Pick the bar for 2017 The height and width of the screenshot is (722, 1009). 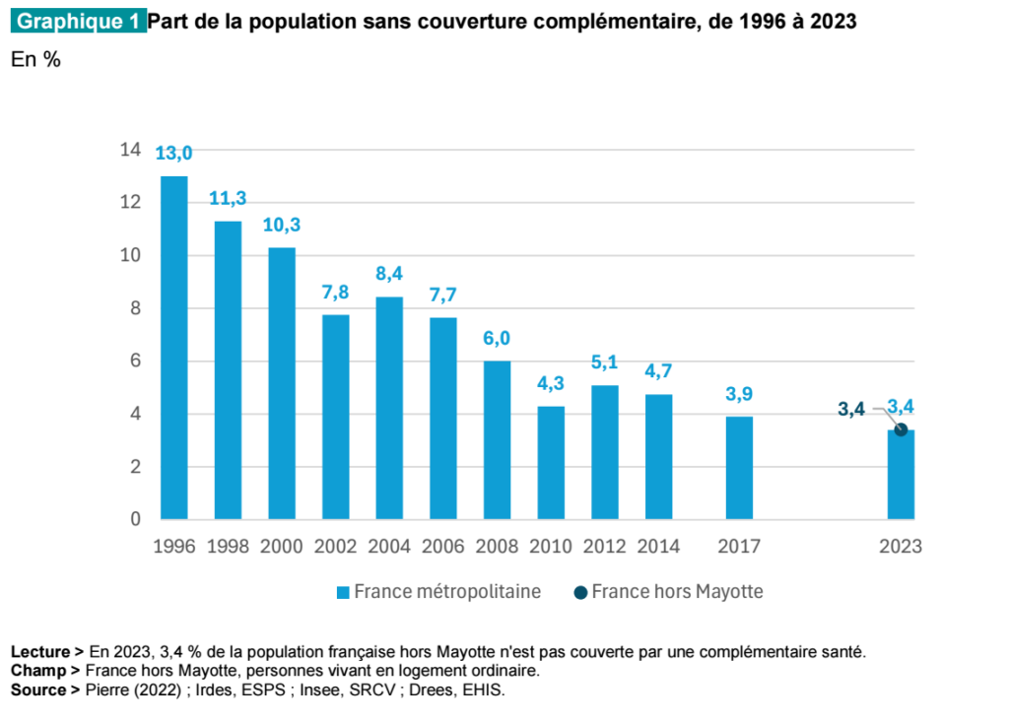point(739,467)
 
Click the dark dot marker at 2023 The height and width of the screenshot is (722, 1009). point(901,429)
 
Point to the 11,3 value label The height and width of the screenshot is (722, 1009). point(228,198)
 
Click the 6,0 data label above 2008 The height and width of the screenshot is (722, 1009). point(497,338)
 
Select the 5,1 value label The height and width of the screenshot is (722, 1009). point(604,362)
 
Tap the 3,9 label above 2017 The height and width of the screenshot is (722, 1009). point(739,394)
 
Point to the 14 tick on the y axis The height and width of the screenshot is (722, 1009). point(130,150)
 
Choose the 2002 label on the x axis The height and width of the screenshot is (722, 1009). point(335,547)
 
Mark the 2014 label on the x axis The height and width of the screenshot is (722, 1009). point(658,547)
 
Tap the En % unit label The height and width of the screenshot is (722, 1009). point(35,60)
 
